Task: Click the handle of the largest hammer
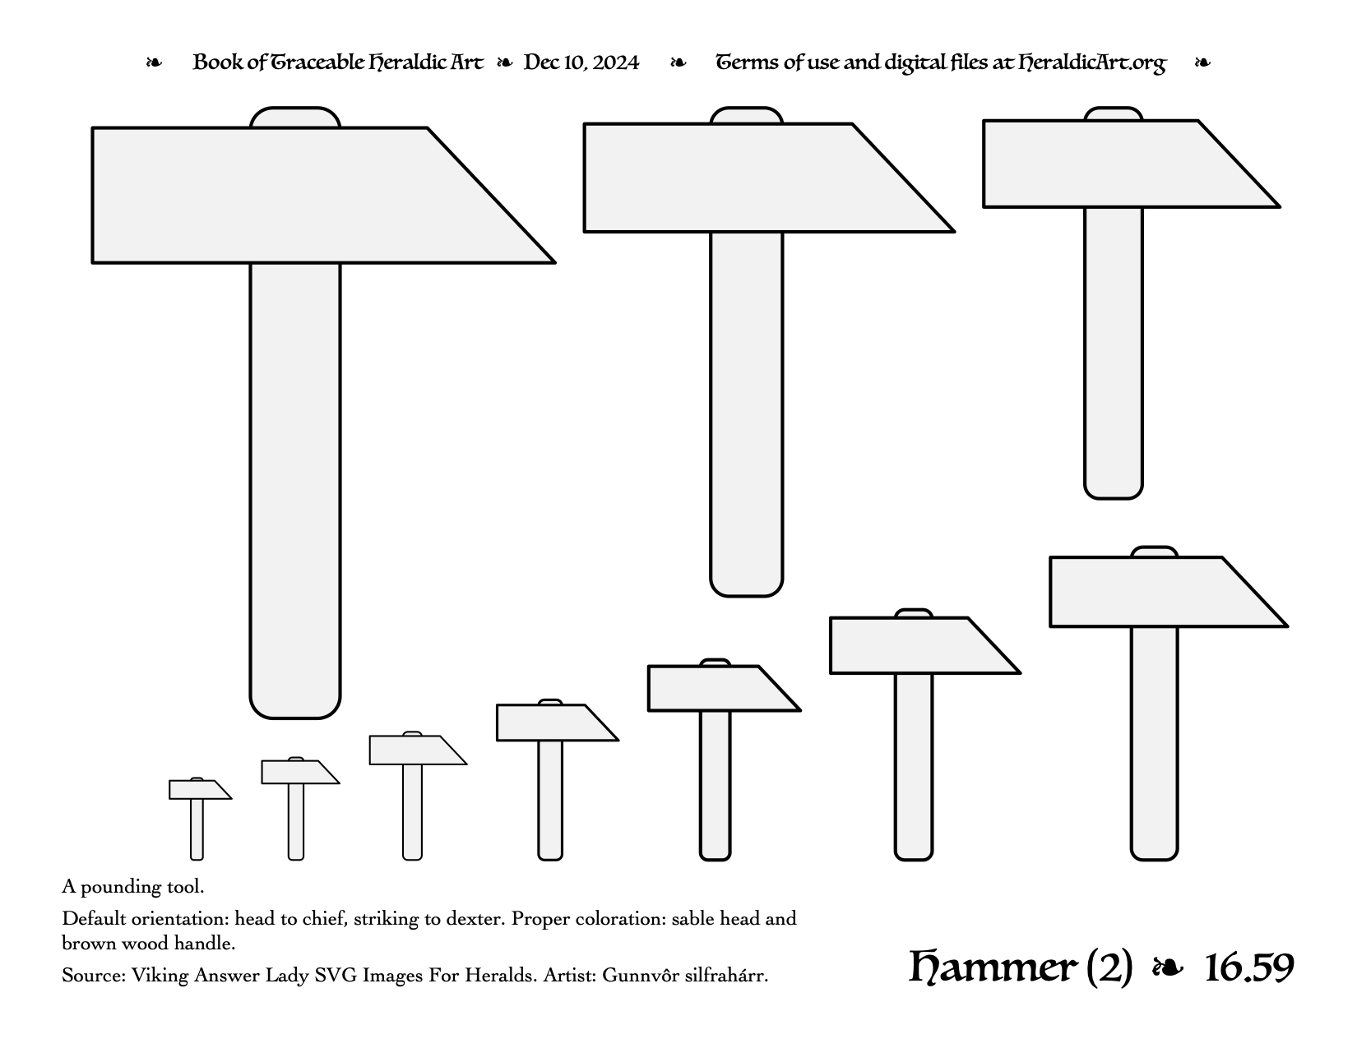tap(294, 490)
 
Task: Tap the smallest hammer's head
tap(197, 790)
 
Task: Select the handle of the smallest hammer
tap(197, 829)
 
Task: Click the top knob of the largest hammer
tap(294, 118)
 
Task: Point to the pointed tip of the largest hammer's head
tap(555, 263)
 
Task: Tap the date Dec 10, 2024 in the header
tap(581, 62)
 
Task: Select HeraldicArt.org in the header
tap(1091, 62)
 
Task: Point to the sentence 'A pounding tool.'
tap(133, 887)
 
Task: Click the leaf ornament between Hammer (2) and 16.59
tap(1168, 968)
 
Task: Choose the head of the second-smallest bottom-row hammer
tap(299, 772)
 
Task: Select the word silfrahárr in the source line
tap(726, 976)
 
